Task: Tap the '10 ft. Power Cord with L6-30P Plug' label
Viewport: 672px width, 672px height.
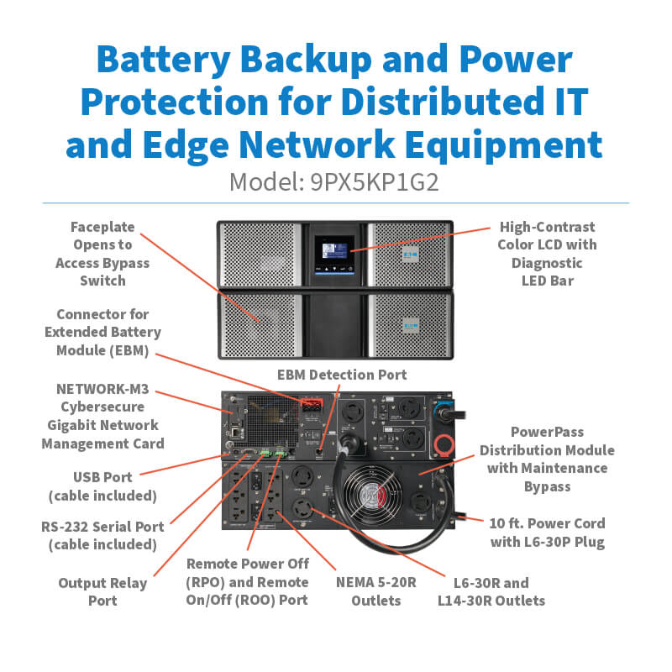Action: click(547, 533)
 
